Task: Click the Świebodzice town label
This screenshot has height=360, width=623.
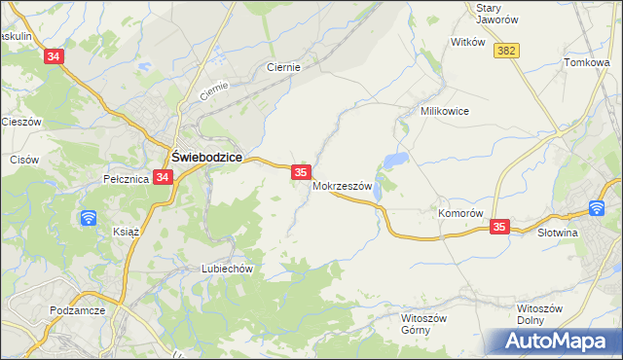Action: coord(206,157)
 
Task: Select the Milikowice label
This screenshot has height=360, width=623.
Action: coord(445,111)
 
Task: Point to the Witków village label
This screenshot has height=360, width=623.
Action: coord(468,43)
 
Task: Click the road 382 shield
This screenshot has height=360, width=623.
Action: coord(505,51)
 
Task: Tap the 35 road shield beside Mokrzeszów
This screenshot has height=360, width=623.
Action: coord(301,172)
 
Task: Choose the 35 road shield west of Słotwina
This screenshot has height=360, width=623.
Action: coord(499,226)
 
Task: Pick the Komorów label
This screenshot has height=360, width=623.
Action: coord(460,213)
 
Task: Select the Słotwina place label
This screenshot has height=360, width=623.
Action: coord(559,233)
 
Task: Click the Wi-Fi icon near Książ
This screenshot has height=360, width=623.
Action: coord(89,217)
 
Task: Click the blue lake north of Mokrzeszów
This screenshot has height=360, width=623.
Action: coord(395,159)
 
